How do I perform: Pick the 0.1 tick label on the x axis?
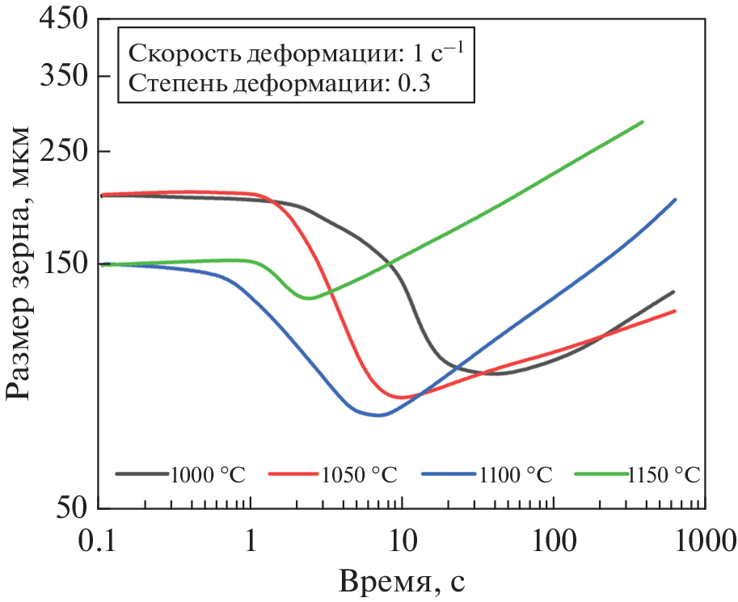click(99, 539)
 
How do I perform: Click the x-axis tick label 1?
click(251, 539)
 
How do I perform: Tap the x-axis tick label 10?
click(402, 539)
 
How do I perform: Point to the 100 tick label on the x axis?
click(552, 539)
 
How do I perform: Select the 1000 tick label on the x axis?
click(702, 539)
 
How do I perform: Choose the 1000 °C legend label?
click(207, 474)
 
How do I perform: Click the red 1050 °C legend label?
click(360, 474)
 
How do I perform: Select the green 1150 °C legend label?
click(663, 474)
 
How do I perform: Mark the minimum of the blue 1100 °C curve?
click(378, 415)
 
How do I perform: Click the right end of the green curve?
click(642, 122)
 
